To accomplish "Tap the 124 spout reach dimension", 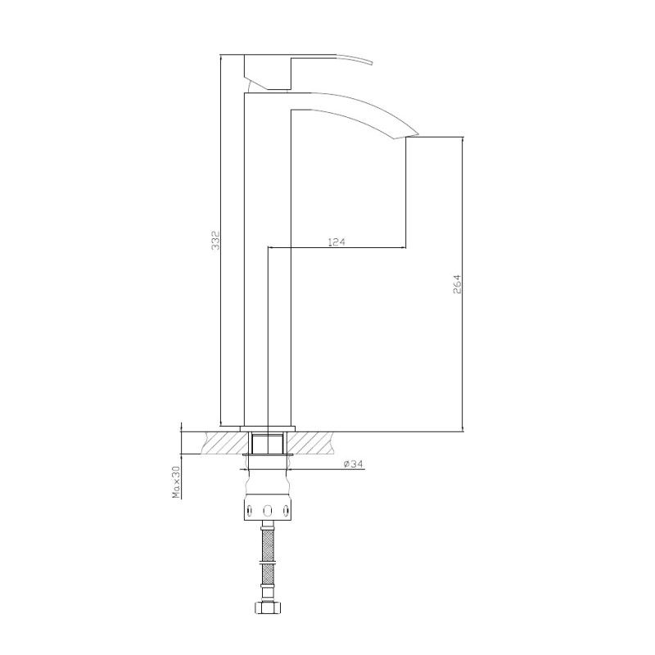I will (337, 242).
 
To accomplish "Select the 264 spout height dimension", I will (458, 284).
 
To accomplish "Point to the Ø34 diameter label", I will (353, 464).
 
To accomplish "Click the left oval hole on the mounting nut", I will (251, 511).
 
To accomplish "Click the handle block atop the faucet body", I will (269, 72).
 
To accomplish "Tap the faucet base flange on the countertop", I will (269, 427).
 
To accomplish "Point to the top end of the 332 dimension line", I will (223, 57).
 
